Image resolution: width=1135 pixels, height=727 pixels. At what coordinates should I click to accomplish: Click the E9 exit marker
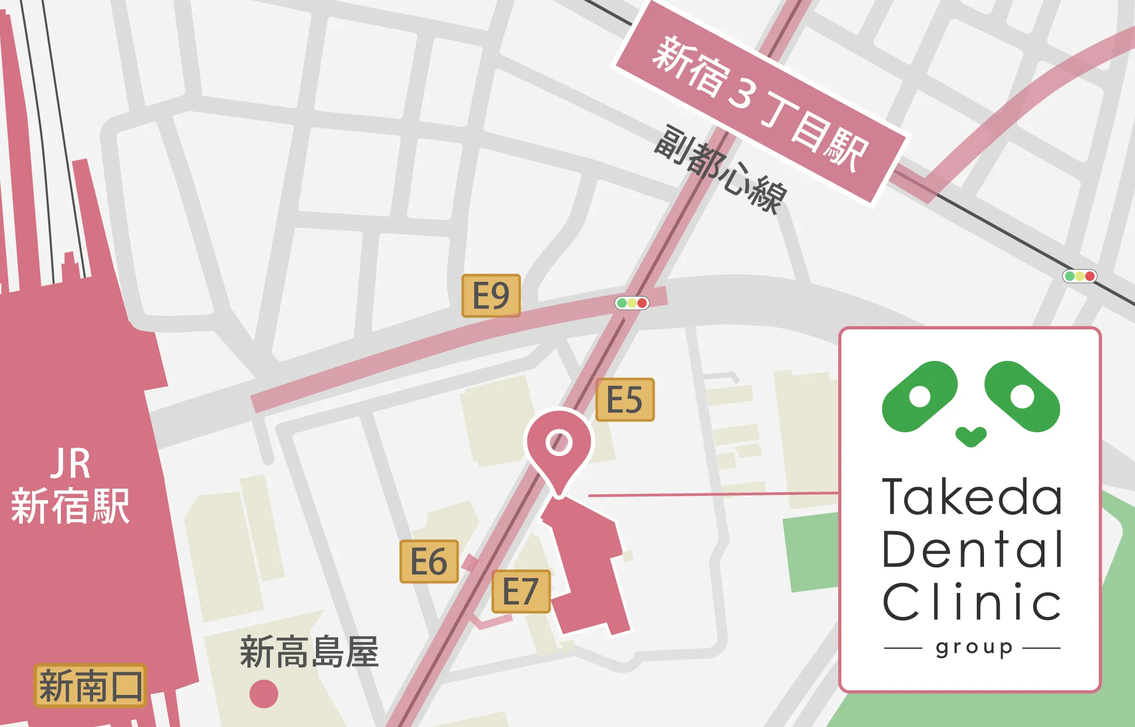coord(491,296)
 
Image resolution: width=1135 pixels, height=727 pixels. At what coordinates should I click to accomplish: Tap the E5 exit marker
coord(625,400)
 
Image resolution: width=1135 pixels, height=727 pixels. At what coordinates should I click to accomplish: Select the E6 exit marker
coord(429,562)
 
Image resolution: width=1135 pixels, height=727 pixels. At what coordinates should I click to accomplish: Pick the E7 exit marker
coord(521,592)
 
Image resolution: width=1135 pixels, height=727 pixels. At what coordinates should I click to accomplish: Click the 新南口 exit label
coord(90,686)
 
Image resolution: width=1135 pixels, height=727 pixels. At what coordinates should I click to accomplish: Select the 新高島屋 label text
coord(309,652)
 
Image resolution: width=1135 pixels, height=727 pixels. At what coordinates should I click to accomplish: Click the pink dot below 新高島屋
coord(264,693)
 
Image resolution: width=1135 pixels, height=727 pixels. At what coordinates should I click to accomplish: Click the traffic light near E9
coord(631,303)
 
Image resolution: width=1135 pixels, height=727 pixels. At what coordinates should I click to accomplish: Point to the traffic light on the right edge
coord(1079,276)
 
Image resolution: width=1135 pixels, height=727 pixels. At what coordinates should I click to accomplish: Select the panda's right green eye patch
coord(1022,397)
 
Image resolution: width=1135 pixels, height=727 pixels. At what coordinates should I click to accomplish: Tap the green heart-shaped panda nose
coord(971,436)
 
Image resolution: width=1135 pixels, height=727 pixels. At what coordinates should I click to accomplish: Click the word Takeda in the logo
coord(972,497)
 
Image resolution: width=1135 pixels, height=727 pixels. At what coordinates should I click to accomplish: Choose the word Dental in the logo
coord(972,549)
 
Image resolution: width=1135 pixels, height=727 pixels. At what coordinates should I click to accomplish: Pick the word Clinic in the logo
coord(972,601)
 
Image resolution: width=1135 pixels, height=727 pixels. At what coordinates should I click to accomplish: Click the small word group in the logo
coord(974,648)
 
